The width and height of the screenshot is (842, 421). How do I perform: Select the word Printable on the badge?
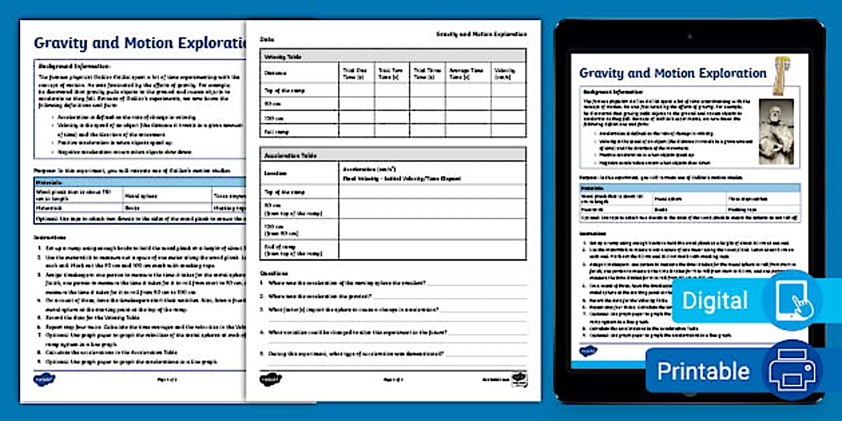(x=703, y=371)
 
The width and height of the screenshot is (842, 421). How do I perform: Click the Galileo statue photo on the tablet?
(x=777, y=131)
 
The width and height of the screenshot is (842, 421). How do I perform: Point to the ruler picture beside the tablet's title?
(x=779, y=74)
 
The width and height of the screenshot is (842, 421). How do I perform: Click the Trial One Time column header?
(x=354, y=74)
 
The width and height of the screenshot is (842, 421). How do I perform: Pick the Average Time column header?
(x=466, y=74)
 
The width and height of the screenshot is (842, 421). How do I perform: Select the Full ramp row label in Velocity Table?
(x=277, y=132)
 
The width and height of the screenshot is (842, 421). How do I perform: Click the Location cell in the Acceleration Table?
(x=275, y=172)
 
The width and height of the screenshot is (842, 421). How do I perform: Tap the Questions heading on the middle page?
(x=274, y=273)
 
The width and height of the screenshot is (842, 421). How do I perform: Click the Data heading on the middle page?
(x=267, y=39)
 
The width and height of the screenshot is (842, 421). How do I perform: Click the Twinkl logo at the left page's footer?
(x=44, y=379)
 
